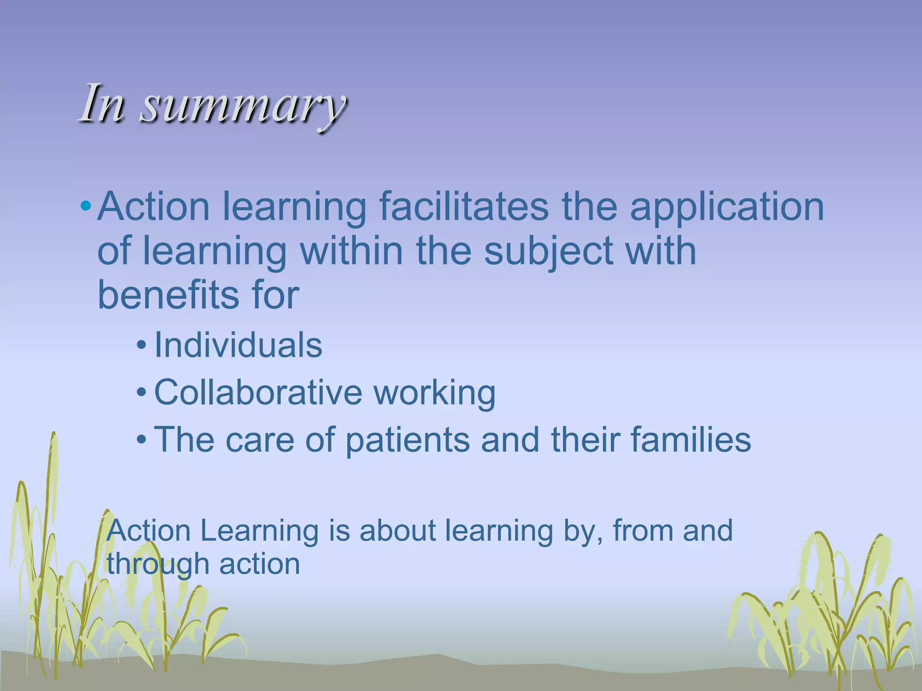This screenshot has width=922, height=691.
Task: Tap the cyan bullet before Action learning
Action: tap(85, 207)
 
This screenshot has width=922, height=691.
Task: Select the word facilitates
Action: tap(464, 207)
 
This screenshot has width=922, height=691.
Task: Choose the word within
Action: tap(351, 251)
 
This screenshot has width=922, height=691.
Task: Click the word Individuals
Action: tap(238, 345)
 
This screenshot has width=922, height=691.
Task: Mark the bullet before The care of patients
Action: tap(141, 439)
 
